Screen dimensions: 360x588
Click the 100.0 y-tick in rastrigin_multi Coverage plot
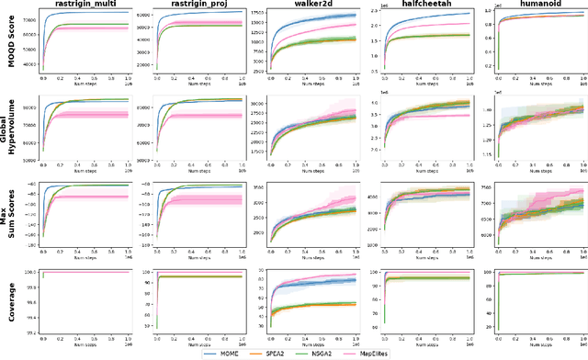30,273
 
